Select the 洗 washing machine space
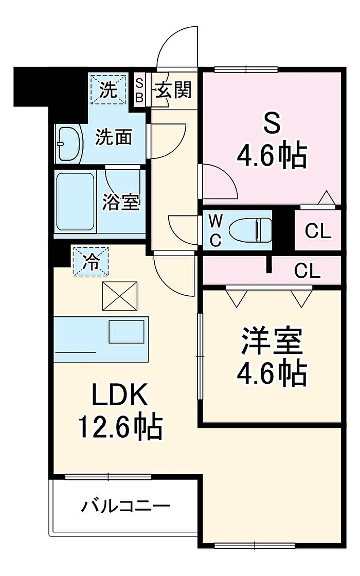tap(109, 89)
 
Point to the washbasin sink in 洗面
tap(70, 144)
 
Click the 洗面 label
tap(113, 137)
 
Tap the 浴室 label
tap(120, 202)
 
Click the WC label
tap(215, 231)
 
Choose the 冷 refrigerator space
tap(91, 262)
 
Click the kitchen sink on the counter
tap(126, 332)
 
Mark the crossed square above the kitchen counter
tap(120, 295)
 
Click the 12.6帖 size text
tap(119, 427)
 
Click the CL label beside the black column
tap(318, 231)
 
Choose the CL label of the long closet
tap(307, 272)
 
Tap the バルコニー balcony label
tap(125, 507)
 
